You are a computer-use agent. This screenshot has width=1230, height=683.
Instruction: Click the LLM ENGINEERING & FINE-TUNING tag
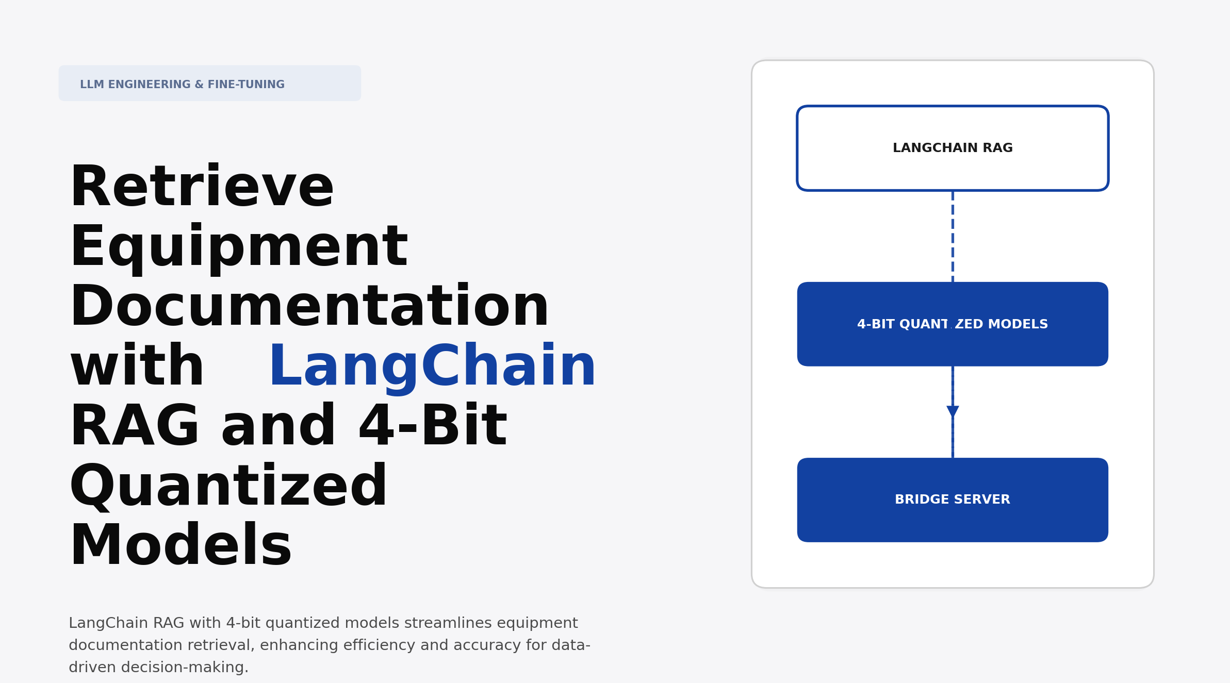209,84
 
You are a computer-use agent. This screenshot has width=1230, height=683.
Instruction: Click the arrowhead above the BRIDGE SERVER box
953,411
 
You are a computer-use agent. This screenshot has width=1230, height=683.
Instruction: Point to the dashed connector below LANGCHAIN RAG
953,236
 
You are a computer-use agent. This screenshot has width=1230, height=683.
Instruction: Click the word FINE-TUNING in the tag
246,85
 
